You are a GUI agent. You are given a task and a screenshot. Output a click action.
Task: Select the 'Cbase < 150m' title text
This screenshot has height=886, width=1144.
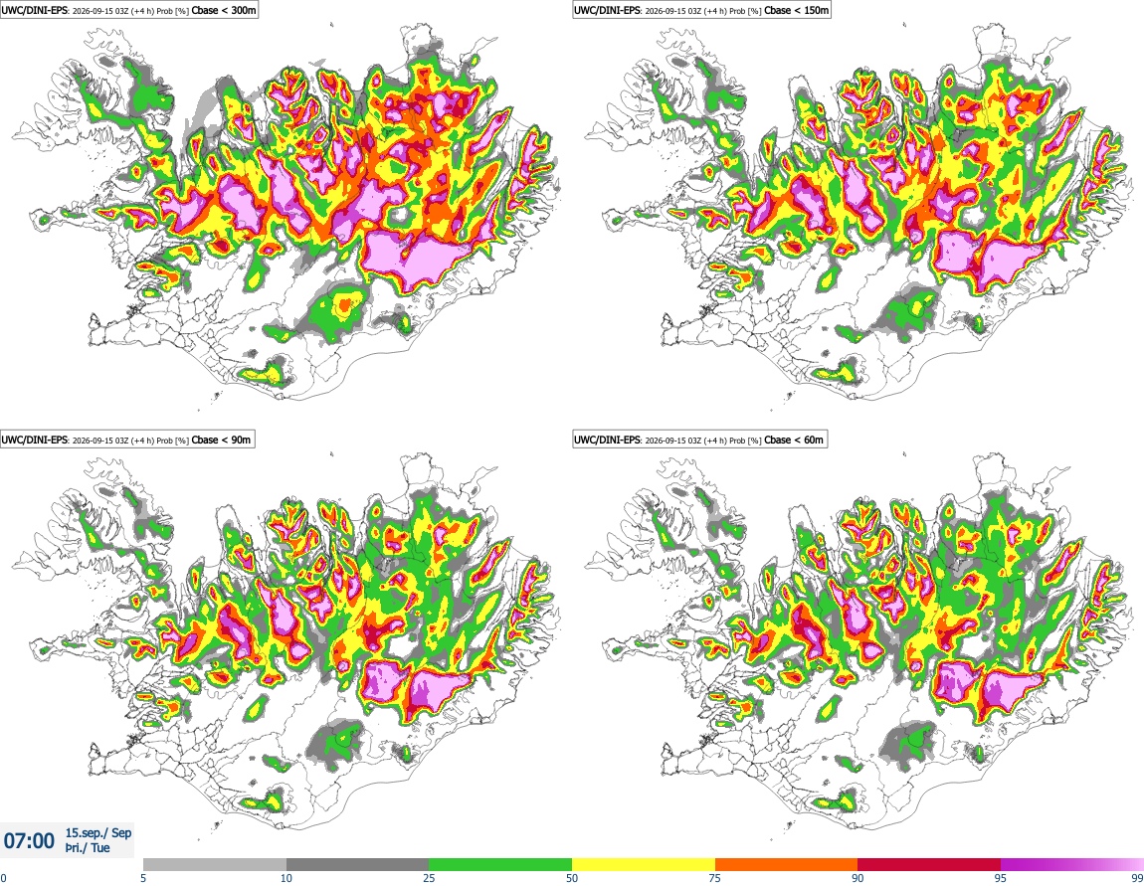tap(797, 10)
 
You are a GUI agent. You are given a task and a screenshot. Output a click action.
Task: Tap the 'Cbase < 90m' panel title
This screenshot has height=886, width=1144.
tap(221, 440)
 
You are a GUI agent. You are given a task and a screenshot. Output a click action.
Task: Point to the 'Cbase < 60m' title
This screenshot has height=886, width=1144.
tap(794, 440)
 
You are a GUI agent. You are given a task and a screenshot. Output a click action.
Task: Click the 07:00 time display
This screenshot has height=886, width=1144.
tap(29, 841)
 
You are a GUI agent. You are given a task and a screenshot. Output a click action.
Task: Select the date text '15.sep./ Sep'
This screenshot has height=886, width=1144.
tap(98, 832)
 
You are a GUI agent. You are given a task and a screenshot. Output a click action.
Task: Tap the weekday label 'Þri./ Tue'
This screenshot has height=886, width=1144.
tap(88, 848)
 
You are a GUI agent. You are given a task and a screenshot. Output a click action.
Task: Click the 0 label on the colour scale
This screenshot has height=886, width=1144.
tap(4, 878)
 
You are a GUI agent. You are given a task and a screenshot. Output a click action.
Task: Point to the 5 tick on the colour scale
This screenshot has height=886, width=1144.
tap(143, 878)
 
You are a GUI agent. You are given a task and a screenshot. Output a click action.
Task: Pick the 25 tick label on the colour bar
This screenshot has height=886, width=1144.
tap(429, 878)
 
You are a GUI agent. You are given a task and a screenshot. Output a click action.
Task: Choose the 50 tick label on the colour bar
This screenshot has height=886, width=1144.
tap(572, 878)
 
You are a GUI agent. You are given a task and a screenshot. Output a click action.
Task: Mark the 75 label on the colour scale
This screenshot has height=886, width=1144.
tap(715, 878)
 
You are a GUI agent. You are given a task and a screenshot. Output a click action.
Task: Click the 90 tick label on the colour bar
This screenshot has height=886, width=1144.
tap(858, 878)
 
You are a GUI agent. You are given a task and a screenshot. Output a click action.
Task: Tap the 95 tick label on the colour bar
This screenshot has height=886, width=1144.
tap(1001, 878)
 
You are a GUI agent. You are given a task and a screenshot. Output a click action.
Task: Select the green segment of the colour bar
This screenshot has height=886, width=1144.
tap(500, 865)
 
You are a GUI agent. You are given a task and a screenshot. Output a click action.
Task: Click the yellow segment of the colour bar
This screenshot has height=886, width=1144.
tap(644, 865)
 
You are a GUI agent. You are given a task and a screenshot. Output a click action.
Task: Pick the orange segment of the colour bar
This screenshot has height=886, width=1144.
tap(787, 865)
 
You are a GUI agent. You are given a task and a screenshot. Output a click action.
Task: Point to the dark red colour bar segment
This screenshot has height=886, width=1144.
tap(929, 865)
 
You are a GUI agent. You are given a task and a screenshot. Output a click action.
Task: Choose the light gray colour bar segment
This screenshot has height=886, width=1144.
tap(215, 865)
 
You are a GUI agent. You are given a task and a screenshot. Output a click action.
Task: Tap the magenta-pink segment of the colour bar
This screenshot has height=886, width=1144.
tap(1072, 865)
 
